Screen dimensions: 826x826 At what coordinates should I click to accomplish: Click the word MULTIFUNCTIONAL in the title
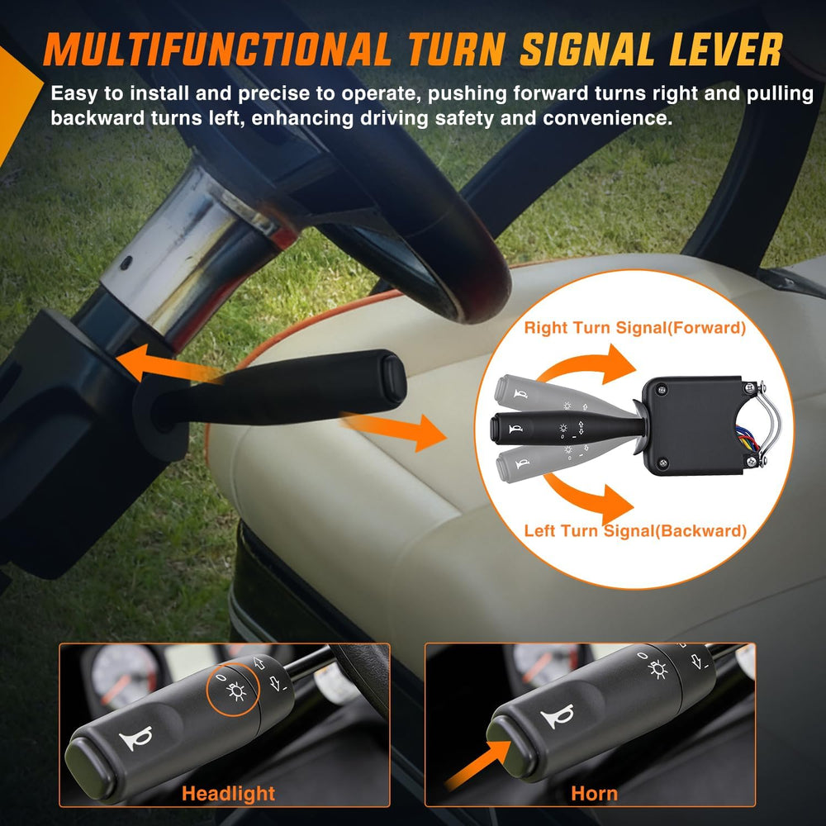[x=216, y=50]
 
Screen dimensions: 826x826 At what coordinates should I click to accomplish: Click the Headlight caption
[x=228, y=793]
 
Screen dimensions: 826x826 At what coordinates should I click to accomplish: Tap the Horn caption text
[x=594, y=793]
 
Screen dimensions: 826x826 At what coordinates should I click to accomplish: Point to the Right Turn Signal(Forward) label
[x=634, y=328]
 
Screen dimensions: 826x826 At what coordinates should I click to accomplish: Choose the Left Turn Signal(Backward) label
[x=635, y=530]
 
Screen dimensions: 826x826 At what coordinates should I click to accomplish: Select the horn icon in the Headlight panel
[x=136, y=738]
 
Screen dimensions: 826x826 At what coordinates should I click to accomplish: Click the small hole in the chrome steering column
[x=126, y=263]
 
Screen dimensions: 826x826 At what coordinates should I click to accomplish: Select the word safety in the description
[x=464, y=118]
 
